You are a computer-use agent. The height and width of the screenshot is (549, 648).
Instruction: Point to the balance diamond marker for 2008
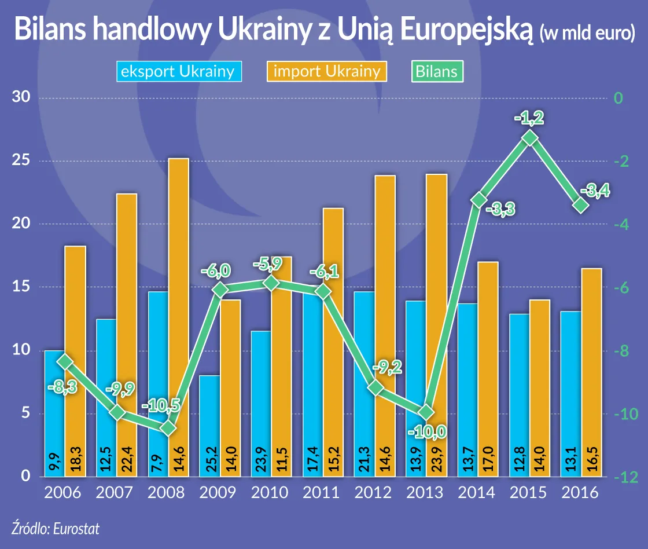168,429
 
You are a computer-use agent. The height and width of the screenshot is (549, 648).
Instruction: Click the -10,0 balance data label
426,431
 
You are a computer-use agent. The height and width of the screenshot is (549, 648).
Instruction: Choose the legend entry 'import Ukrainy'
326,71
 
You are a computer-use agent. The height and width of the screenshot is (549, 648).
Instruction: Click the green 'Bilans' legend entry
438,71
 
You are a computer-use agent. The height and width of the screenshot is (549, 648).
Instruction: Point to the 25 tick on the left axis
21,160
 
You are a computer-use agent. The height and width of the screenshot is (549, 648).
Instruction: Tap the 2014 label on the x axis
476,493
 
